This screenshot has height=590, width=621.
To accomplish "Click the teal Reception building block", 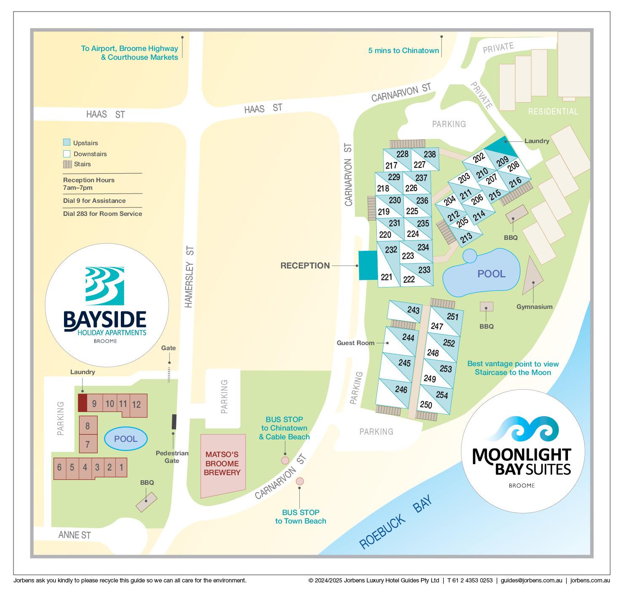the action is coord(368,265).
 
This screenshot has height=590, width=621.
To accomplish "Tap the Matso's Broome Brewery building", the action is coord(222,465).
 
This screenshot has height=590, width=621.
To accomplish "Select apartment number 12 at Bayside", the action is coord(136,404).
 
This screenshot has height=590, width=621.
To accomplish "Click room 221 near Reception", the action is coord(386,277).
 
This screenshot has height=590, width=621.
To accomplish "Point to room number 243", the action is coord(413,310).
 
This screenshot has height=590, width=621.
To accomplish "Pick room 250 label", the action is coord(426,405).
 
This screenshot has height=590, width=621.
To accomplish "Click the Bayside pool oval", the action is coord(125,439).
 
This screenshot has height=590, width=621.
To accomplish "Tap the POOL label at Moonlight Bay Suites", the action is coord(491,274).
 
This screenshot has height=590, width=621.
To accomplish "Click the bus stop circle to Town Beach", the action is coord(300,481).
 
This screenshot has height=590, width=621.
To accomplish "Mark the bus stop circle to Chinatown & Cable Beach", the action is coord(285,460).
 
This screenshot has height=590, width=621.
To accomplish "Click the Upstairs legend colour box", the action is coord(67,143).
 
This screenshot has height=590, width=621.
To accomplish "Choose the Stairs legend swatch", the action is coord(67,164).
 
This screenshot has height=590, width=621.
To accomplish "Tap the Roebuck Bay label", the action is coord(395,523).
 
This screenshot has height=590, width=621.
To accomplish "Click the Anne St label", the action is coord(75,535).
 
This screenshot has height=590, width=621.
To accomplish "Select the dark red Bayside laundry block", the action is coord(83,403).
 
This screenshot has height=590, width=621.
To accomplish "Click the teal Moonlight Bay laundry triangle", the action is coord(502,147).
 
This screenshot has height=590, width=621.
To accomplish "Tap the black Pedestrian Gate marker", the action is coord(173,421).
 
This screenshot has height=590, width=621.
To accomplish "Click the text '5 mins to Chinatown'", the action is coord(403,50).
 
